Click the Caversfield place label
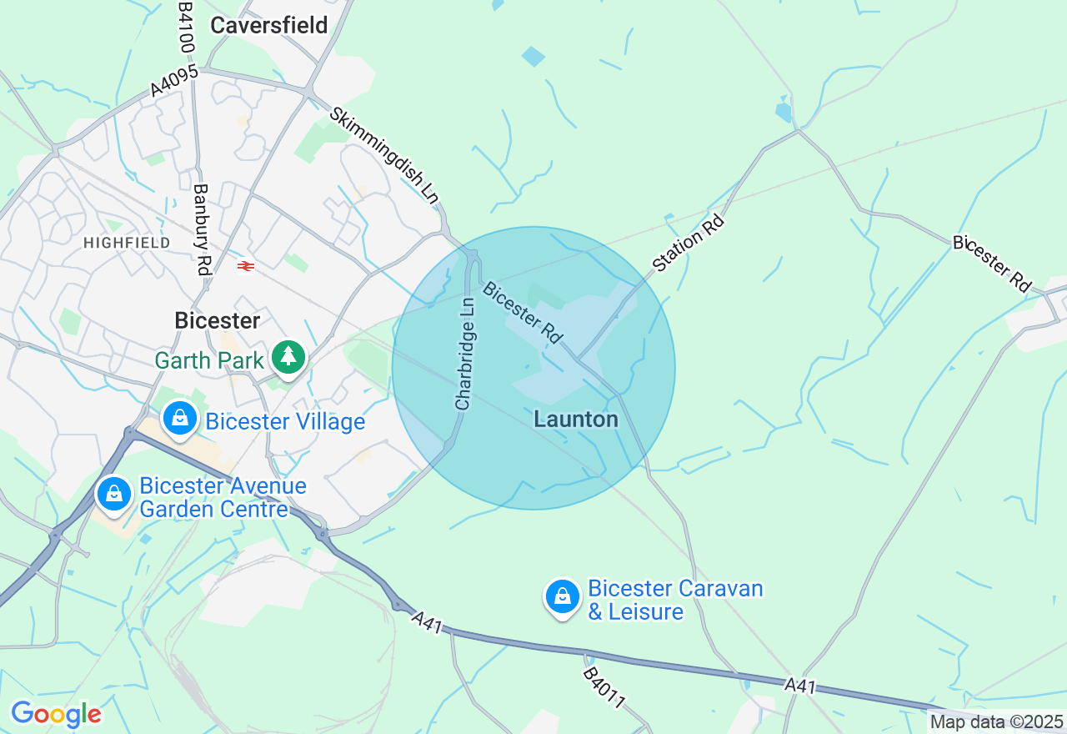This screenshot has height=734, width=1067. [268, 25]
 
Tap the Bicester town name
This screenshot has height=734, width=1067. [217, 320]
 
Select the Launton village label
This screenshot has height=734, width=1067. [576, 419]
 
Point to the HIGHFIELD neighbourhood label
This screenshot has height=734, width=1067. [127, 243]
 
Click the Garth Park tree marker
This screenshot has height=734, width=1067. [288, 357]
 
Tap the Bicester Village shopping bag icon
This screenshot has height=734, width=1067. [180, 419]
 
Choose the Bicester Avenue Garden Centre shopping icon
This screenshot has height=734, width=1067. [115, 494]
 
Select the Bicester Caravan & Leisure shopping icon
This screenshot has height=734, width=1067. [563, 597]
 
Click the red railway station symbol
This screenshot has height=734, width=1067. [245, 266]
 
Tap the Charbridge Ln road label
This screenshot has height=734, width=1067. [465, 354]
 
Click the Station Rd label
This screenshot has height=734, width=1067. [689, 243]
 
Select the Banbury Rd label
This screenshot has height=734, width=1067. [202, 229]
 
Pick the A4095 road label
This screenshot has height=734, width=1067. [174, 80]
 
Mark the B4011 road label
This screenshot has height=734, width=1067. [604, 688]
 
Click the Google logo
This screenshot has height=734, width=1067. [56, 714]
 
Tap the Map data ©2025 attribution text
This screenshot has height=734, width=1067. [996, 722]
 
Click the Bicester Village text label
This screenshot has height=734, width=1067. [285, 422]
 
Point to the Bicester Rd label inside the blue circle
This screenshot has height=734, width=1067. [523, 312]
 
